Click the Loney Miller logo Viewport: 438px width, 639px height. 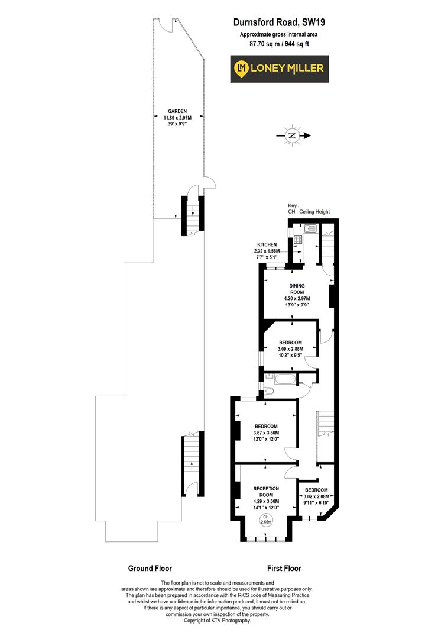pos(279,68)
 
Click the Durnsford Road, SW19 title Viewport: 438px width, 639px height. pos(279,23)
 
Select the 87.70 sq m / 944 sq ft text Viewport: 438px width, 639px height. pos(279,43)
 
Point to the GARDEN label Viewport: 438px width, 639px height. pos(177,111)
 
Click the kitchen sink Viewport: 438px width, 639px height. pos(311,227)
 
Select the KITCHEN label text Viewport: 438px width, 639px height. pos(268,244)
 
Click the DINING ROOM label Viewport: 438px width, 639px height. pos(296,289)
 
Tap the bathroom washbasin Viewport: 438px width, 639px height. pos(269,376)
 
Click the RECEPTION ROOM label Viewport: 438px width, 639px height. pos(266,492)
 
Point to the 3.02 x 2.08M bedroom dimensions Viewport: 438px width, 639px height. pos(316,497)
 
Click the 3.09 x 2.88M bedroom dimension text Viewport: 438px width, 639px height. pos(291,349)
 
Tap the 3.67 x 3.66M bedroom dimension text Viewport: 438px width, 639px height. pos(267,433)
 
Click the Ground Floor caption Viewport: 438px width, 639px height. pos(150,568)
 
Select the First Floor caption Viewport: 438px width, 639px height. pos(284,568)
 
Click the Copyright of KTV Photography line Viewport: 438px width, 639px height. pos(218,621)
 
